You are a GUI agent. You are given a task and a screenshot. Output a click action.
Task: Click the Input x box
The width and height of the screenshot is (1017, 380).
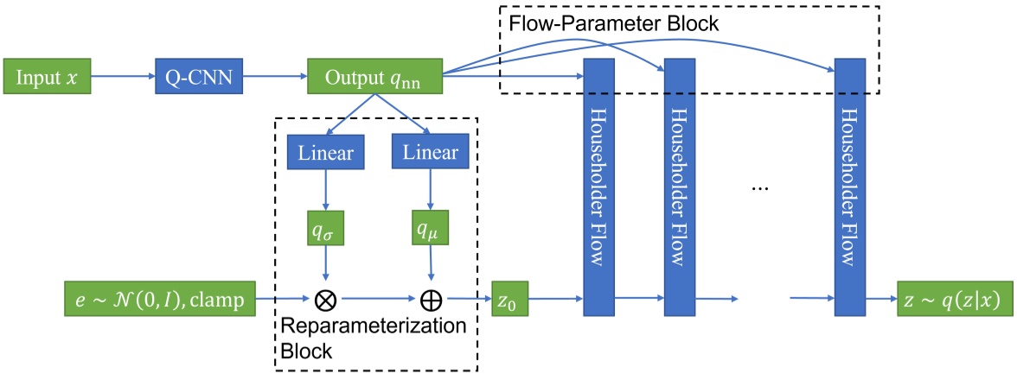[x=48, y=77]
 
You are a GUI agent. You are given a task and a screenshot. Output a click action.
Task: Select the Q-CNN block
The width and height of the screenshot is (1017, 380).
[x=198, y=77]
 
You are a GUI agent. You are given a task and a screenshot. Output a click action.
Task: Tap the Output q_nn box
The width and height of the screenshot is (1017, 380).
[x=374, y=77]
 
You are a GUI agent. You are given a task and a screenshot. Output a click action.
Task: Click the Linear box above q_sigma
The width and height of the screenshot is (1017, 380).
[x=326, y=152]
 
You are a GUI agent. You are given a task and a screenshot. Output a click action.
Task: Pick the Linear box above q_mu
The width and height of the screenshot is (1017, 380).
[x=430, y=152]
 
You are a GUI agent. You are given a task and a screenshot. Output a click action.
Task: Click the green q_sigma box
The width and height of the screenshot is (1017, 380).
[x=326, y=230]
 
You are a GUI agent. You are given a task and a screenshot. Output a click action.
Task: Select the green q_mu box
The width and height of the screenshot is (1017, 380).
[x=430, y=230]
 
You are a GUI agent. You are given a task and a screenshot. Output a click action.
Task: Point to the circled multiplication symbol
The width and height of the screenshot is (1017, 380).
[x=326, y=301]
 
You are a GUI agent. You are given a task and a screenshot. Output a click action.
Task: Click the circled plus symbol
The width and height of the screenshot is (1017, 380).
[x=430, y=301]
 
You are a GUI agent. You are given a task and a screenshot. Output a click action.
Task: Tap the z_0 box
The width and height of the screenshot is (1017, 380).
[x=510, y=300]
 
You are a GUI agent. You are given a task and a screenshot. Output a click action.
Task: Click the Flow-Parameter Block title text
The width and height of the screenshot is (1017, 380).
[x=614, y=23]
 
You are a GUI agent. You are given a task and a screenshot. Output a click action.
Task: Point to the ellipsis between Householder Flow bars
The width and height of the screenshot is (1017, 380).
[x=762, y=187]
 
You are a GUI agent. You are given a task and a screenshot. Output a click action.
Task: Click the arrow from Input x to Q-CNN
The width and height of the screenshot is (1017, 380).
[x=122, y=77]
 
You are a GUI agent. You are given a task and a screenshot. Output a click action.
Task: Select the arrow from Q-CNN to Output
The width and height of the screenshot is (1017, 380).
[x=274, y=77]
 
